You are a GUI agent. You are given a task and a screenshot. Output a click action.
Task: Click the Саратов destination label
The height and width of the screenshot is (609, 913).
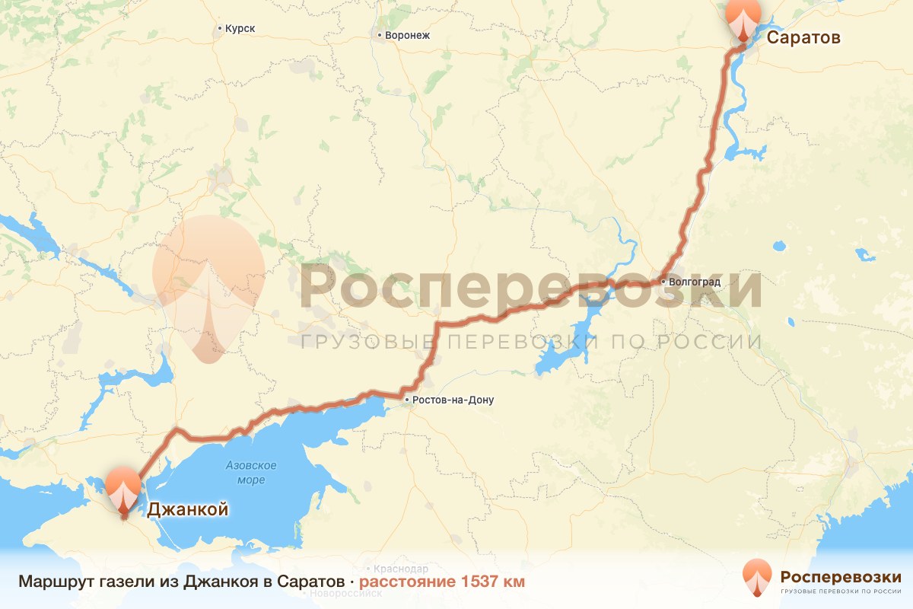click(x=803, y=37)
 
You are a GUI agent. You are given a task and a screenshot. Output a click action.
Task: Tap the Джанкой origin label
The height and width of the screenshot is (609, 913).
click(x=186, y=509)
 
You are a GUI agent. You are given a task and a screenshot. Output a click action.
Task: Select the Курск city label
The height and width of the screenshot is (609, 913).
click(x=240, y=29)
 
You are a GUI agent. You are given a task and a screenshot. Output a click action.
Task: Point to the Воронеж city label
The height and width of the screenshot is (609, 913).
click(x=408, y=35)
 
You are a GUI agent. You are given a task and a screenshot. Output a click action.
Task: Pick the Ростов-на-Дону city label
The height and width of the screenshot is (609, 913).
click(x=453, y=400)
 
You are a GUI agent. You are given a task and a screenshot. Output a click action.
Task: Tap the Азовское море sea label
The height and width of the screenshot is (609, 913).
click(x=251, y=473)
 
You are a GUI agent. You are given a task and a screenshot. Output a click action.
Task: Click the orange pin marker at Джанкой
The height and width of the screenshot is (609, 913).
click(x=123, y=492)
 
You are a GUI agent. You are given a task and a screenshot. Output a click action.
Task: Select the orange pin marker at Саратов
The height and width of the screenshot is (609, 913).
click(x=743, y=17)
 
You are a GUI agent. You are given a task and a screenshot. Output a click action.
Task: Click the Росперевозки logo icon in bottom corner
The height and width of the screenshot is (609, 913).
click(x=758, y=578)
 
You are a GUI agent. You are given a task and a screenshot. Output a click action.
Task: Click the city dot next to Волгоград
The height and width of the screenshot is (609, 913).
click(x=663, y=282)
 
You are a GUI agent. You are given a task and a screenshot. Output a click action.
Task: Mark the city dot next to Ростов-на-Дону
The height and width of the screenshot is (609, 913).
click(x=407, y=400)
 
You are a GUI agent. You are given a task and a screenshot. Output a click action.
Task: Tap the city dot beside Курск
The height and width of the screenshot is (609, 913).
click(x=220, y=29)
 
